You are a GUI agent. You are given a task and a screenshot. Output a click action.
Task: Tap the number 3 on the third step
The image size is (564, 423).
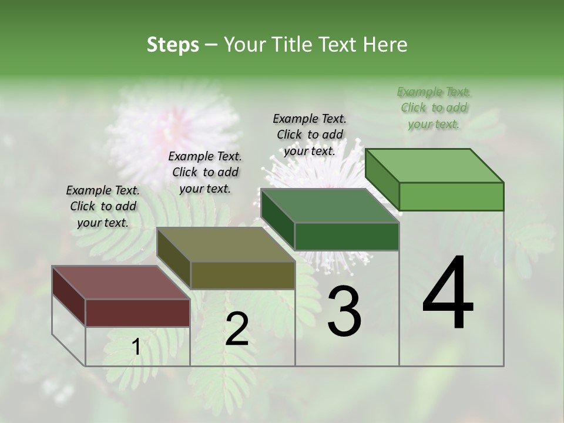pyautogui.click(x=344, y=311)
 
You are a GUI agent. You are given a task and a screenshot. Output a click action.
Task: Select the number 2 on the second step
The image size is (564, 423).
pyautogui.click(x=237, y=329)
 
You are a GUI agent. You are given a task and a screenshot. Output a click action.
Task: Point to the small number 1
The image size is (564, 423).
pyautogui.click(x=136, y=347)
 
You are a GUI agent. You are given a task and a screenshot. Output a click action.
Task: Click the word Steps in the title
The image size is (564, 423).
pyautogui.click(x=173, y=45)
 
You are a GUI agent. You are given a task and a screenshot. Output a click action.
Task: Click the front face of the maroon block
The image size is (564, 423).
pyautogui.click(x=137, y=313)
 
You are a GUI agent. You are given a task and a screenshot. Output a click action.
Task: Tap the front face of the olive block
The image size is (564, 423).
pyautogui.click(x=242, y=275)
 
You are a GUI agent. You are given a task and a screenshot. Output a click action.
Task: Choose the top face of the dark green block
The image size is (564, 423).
pyautogui.click(x=330, y=206)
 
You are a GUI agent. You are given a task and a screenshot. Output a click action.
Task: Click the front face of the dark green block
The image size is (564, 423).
pyautogui.click(x=347, y=236)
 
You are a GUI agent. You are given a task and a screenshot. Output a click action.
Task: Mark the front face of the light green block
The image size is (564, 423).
pyautogui.click(x=451, y=196)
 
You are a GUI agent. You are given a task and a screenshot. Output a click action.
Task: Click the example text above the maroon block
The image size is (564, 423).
pyautogui.click(x=103, y=207)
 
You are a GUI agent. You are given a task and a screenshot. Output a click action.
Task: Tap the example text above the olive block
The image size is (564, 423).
pyautogui.click(x=205, y=172)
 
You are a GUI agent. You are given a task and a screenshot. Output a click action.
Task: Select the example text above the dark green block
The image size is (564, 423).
pyautogui.click(x=310, y=135)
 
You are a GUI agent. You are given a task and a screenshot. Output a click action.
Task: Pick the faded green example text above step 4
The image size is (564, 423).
pyautogui.click(x=434, y=108)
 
